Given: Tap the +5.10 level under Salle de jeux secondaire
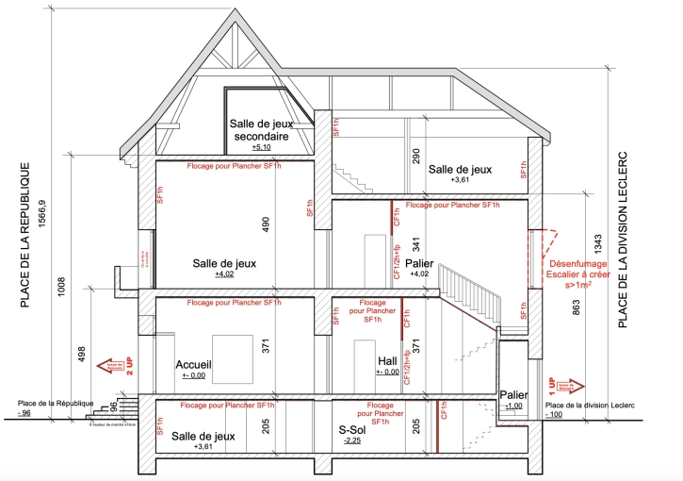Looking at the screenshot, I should click(261, 148).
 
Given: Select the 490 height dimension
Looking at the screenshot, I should click(267, 225).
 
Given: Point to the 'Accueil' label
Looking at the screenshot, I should click(192, 363).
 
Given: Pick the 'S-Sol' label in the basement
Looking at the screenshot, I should click(352, 430).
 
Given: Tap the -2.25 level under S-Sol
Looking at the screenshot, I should click(352, 441).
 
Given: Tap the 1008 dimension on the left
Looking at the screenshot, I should click(61, 285).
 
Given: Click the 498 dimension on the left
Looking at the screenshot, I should click(82, 355).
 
